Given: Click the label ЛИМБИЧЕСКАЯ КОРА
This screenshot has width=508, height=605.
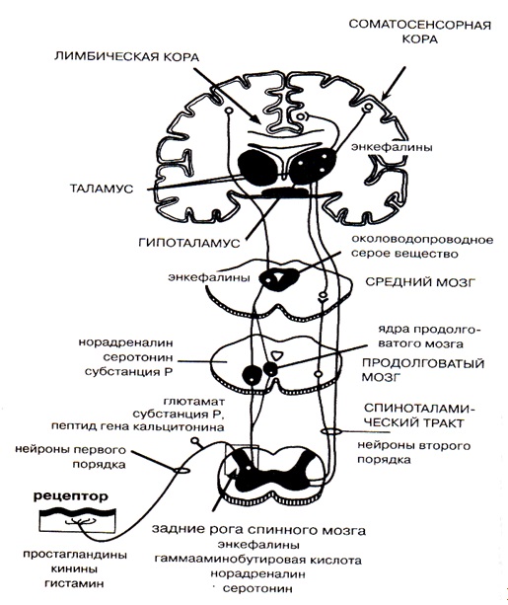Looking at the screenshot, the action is [126, 56].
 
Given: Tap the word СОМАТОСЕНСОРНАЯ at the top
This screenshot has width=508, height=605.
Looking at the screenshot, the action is [419, 25].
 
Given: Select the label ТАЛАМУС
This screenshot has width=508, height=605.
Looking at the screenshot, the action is [102, 189].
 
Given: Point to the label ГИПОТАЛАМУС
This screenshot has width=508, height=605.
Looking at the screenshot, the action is [189, 243].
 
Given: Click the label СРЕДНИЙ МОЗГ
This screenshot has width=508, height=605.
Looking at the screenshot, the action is [420, 281].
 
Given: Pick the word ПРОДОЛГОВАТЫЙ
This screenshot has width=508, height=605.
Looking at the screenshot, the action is [423, 364].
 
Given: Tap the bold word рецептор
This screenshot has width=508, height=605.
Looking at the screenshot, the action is [71, 496].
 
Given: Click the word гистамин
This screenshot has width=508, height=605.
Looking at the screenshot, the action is [74, 583].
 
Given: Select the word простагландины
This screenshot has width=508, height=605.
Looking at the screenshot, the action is [75, 556].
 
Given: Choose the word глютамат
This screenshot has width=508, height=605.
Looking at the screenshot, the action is [194, 402].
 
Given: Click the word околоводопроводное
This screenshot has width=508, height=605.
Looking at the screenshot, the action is [422, 240].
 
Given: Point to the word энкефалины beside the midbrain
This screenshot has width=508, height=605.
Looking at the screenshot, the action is [209, 277].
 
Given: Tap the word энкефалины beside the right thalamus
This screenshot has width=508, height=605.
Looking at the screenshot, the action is [392, 147].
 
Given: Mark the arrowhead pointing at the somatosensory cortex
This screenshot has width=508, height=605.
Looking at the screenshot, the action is [386, 96].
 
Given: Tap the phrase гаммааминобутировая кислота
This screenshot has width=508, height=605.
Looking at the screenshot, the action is [258, 560].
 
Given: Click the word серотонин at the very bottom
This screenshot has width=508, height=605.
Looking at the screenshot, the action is [257, 589].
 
